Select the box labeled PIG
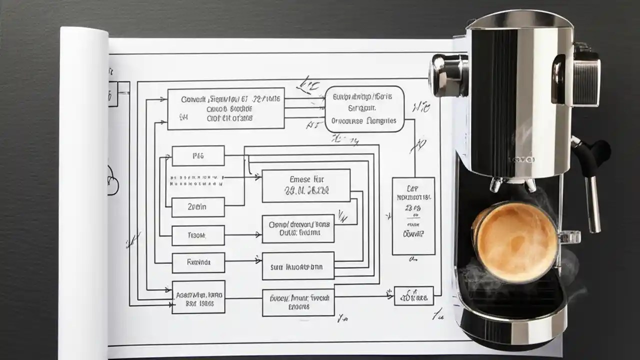pyautogui.click(x=198, y=156)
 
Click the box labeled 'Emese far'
pyautogui.click(x=305, y=185)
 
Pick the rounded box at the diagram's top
pyautogui.click(x=364, y=109)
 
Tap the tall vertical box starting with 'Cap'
pyautogui.click(x=413, y=215)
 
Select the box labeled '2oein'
pyautogui.click(x=198, y=206)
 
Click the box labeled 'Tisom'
pyautogui.click(x=198, y=235)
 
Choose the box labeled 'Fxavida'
pyautogui.click(x=198, y=262)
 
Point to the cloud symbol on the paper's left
pyautogui.click(x=112, y=180)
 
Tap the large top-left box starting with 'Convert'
pyautogui.click(x=225, y=109)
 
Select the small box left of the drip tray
pyautogui.click(x=413, y=296)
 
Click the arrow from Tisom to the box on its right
pyautogui.click(x=243, y=234)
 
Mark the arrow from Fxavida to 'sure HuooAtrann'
pyautogui.click(x=243, y=260)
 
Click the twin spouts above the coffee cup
pyautogui.click(x=512, y=185)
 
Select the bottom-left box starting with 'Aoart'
pyautogui.click(x=198, y=297)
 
